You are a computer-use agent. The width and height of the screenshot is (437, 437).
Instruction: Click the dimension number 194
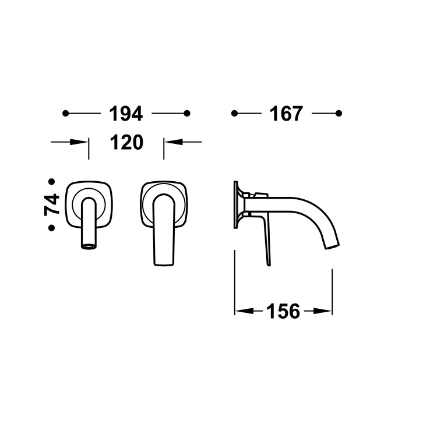coord(126,114)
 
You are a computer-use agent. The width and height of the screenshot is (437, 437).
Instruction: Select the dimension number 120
coord(126,142)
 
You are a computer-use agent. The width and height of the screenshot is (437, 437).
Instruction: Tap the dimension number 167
coord(286,114)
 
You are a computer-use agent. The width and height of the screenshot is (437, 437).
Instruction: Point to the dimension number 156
coord(283,311)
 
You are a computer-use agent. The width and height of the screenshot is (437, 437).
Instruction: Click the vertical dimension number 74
coord(51,205)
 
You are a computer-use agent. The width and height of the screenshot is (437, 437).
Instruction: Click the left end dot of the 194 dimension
coord(65,114)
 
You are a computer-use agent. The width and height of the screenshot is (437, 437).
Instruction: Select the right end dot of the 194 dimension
coord(187,114)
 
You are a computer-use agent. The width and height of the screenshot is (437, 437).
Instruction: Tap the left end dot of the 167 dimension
coord(234,114)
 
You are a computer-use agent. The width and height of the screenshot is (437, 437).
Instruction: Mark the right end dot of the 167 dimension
coord(339,114)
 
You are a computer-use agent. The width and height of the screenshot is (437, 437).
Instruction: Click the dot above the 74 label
coord(51,182)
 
